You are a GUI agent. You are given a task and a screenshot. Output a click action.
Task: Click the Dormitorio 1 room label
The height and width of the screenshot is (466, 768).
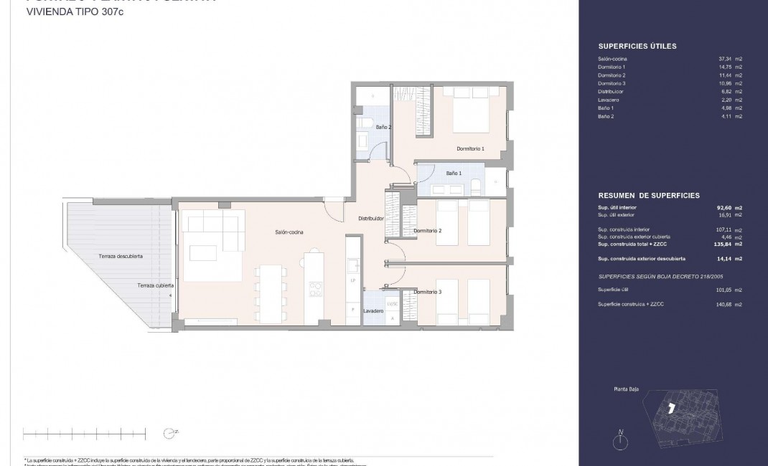click(471, 148)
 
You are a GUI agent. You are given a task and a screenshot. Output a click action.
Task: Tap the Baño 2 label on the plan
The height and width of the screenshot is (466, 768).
click(383, 127)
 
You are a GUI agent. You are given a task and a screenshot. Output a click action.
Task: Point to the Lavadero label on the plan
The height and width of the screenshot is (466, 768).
click(373, 311)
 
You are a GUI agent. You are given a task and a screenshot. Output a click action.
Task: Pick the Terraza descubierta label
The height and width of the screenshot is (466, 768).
click(121, 256)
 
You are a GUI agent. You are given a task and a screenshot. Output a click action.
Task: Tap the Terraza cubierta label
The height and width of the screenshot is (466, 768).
click(155, 285)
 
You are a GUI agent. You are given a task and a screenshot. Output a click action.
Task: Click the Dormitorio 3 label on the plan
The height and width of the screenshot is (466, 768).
click(428, 292)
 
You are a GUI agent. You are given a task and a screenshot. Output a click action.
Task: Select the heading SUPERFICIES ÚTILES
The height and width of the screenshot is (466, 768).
click(637, 47)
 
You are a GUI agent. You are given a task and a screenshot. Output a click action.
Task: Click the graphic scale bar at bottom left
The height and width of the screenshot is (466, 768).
click(85, 432)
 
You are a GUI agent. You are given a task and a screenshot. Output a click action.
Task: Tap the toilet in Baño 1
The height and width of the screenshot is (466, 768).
click(477, 186)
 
